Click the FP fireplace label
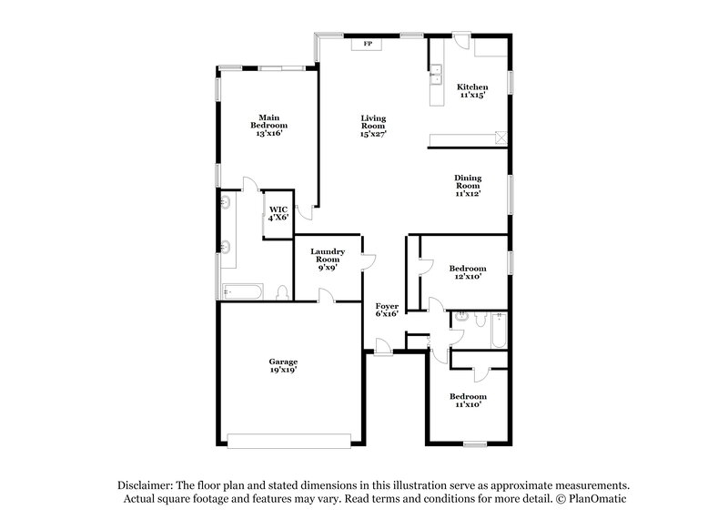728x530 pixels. (x=369, y=43)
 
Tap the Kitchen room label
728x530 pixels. (x=471, y=87)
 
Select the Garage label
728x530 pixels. (x=282, y=361)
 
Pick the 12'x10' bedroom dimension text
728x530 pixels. (x=468, y=277)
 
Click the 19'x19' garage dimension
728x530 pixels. (x=282, y=370)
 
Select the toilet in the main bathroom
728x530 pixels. (x=283, y=292)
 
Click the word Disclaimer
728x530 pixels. (x=145, y=485)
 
